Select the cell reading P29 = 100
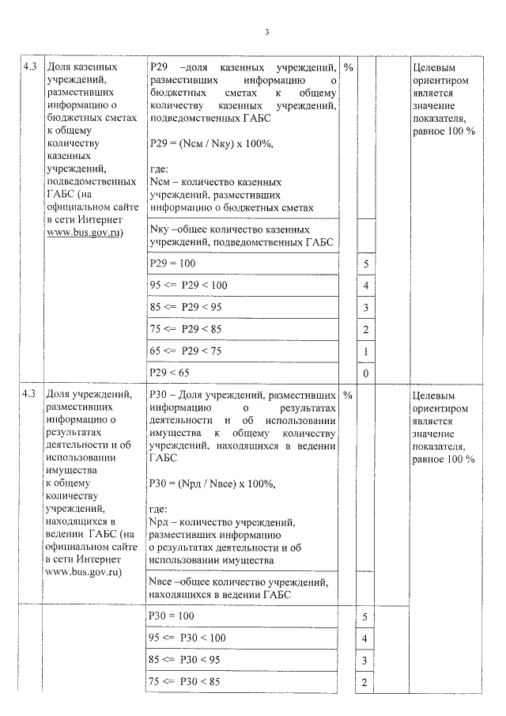point(172,263)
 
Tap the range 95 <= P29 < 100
point(187,285)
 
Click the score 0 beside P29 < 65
point(365,373)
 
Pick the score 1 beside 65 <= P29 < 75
point(365,350)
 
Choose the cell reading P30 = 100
point(172,616)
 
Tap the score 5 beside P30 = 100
point(365,616)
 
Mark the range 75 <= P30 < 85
point(183,681)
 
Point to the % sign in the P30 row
point(348,395)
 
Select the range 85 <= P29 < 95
point(184,306)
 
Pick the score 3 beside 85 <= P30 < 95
point(365,661)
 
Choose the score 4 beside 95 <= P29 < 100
point(365,285)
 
